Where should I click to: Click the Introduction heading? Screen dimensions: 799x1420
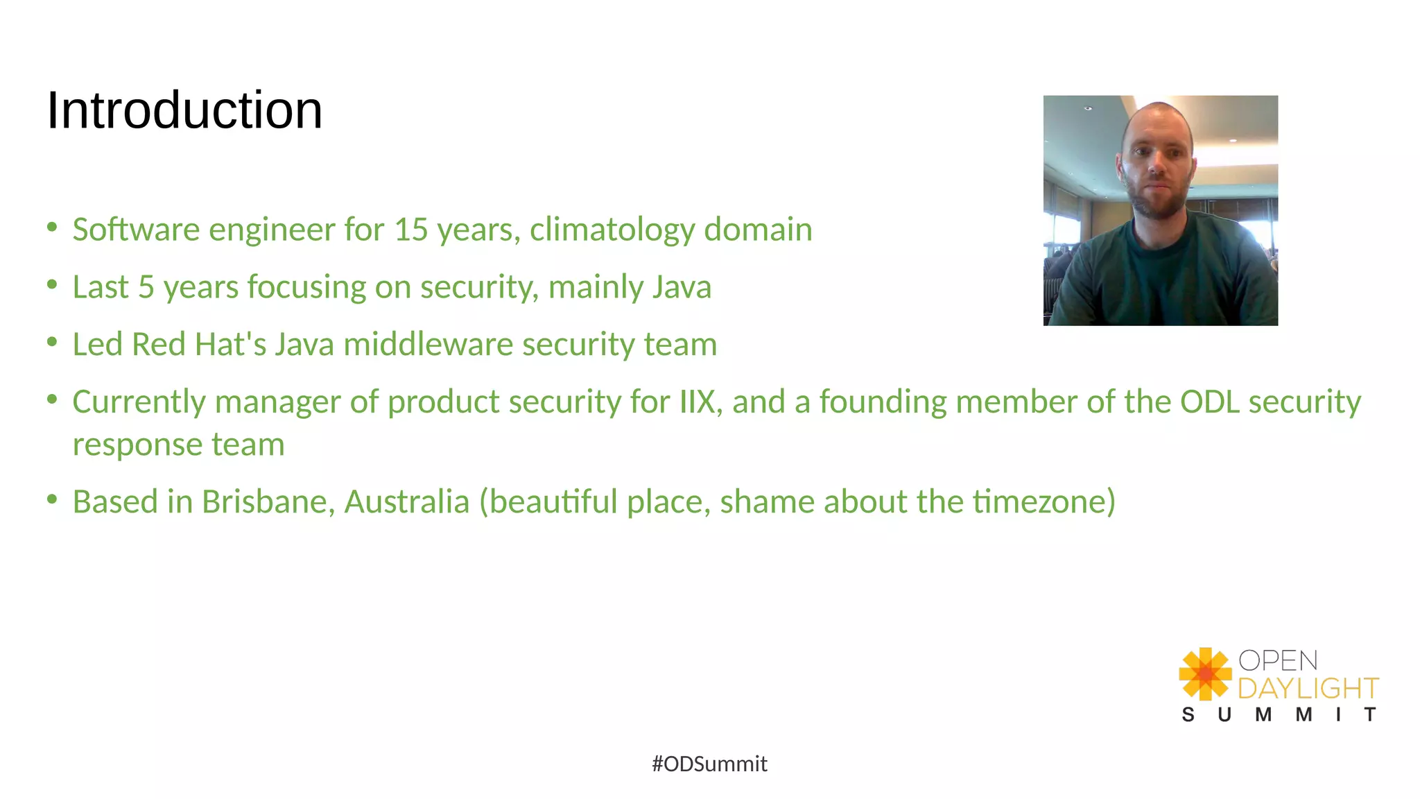point(184,110)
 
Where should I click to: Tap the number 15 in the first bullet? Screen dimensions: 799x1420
point(412,230)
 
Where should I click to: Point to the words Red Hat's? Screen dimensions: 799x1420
point(199,345)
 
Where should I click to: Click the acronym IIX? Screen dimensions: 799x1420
point(697,402)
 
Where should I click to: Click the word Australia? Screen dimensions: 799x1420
point(407,501)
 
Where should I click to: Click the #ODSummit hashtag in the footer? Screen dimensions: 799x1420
point(709,764)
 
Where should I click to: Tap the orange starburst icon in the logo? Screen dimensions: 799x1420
point(1205,673)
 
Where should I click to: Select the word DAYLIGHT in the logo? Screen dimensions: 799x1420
point(1308,688)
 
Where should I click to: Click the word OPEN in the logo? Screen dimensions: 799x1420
point(1278,660)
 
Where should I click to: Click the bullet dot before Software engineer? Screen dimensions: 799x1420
point(52,227)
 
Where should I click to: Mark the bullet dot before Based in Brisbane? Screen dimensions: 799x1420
point(52,499)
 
